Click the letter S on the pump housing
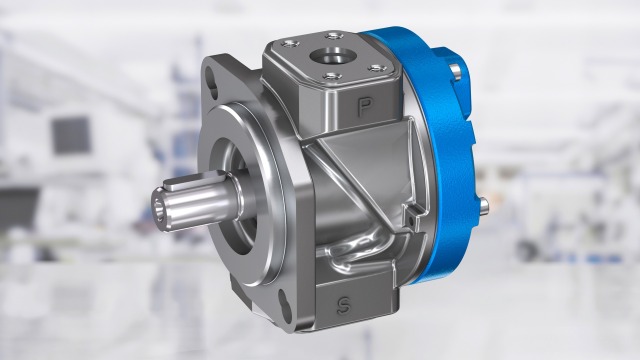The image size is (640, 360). coord(344,305)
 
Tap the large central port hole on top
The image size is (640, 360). coord(328,56)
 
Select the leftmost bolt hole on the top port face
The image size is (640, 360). coord(289,42)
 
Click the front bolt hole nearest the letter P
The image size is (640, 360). coord(331,76)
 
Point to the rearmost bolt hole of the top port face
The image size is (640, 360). coord(333,36)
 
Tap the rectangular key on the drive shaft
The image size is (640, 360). coord(192,180)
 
